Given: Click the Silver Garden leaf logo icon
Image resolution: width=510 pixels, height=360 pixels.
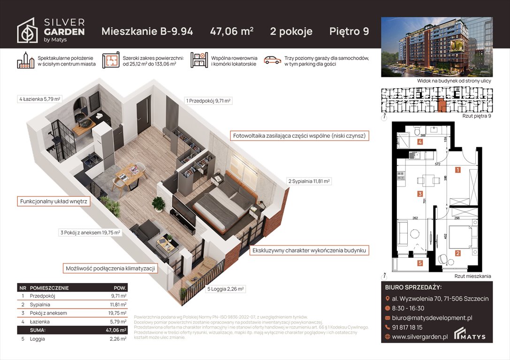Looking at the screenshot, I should (x=28, y=31).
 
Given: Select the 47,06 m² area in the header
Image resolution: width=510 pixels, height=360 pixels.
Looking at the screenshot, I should (x=232, y=31).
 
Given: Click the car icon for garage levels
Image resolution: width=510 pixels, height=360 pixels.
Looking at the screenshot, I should (x=272, y=60).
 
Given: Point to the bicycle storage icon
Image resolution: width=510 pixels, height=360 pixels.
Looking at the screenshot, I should (x=199, y=60).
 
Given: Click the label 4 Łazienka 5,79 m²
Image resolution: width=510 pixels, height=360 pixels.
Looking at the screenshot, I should (x=40, y=99).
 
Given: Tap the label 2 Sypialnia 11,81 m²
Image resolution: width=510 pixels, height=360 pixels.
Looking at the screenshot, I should (x=309, y=181).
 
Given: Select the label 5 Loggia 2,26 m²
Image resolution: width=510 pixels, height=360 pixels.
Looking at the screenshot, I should (x=226, y=289).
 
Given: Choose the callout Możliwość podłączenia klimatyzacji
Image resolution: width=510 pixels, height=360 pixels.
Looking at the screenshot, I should (x=110, y=268).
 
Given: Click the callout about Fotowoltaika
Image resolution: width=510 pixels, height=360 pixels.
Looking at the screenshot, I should (x=300, y=136).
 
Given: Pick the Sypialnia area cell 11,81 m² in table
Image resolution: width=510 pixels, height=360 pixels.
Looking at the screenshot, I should (x=116, y=305).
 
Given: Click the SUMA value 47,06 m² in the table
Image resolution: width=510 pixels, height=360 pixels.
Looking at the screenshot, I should (x=115, y=330).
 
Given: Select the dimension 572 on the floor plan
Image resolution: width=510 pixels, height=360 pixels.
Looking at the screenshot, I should (x=437, y=165).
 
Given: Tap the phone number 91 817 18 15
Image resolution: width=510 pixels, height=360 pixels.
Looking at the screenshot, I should (x=407, y=327).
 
